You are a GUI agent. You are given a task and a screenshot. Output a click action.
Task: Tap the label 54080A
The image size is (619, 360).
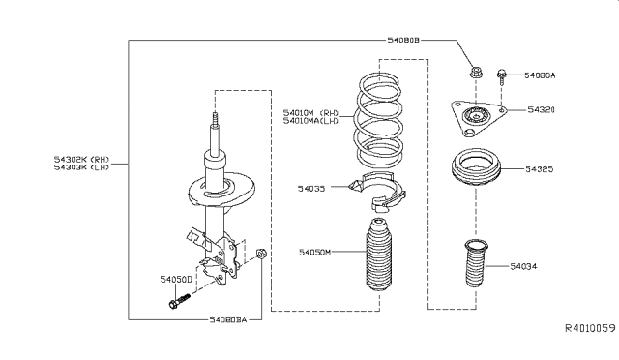coord(543,74)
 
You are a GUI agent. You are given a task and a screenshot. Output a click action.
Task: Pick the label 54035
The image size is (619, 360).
coord(312,189)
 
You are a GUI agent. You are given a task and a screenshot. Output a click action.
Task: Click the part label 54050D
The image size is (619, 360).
coord(177,278)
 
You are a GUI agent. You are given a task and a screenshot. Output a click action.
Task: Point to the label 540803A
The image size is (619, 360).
coord(228,319)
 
